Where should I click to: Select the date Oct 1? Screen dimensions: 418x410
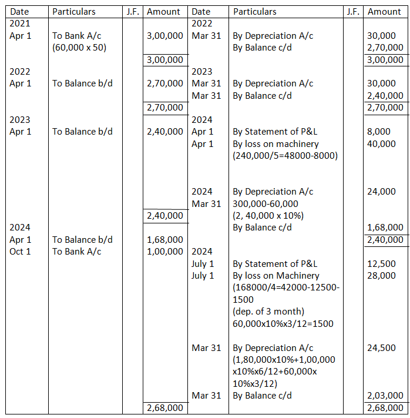pos(21,252)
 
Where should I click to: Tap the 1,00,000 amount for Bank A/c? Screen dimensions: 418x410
pos(164,252)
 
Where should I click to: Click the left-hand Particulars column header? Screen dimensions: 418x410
pos(74,11)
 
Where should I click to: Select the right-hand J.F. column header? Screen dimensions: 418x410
pos(353,11)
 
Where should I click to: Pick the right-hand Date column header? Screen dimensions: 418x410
pos(201,11)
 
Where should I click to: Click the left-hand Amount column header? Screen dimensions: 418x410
pos(164,11)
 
